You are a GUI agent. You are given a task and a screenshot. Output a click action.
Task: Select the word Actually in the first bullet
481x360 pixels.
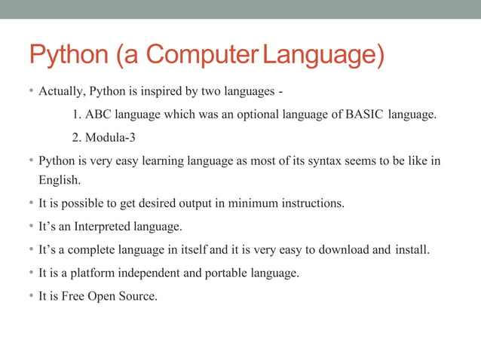point(61,92)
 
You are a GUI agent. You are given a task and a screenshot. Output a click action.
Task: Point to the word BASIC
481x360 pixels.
point(364,114)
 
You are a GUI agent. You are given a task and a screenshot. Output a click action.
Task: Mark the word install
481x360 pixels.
point(412,249)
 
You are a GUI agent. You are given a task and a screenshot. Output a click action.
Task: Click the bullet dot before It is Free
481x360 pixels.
point(31,296)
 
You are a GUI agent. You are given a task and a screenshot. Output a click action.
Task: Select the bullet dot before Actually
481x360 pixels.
point(31,92)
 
